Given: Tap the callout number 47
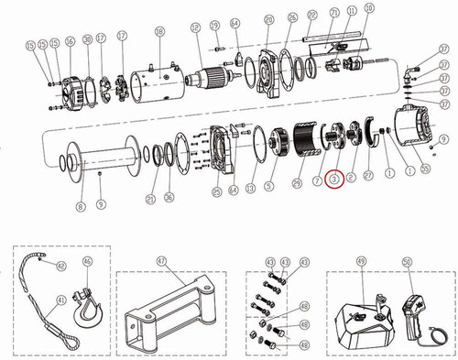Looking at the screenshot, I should tap(160, 262).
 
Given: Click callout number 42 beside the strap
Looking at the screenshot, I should tap(61, 267).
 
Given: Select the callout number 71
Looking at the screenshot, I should tap(335, 12).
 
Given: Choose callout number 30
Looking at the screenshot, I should tap(86, 40).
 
